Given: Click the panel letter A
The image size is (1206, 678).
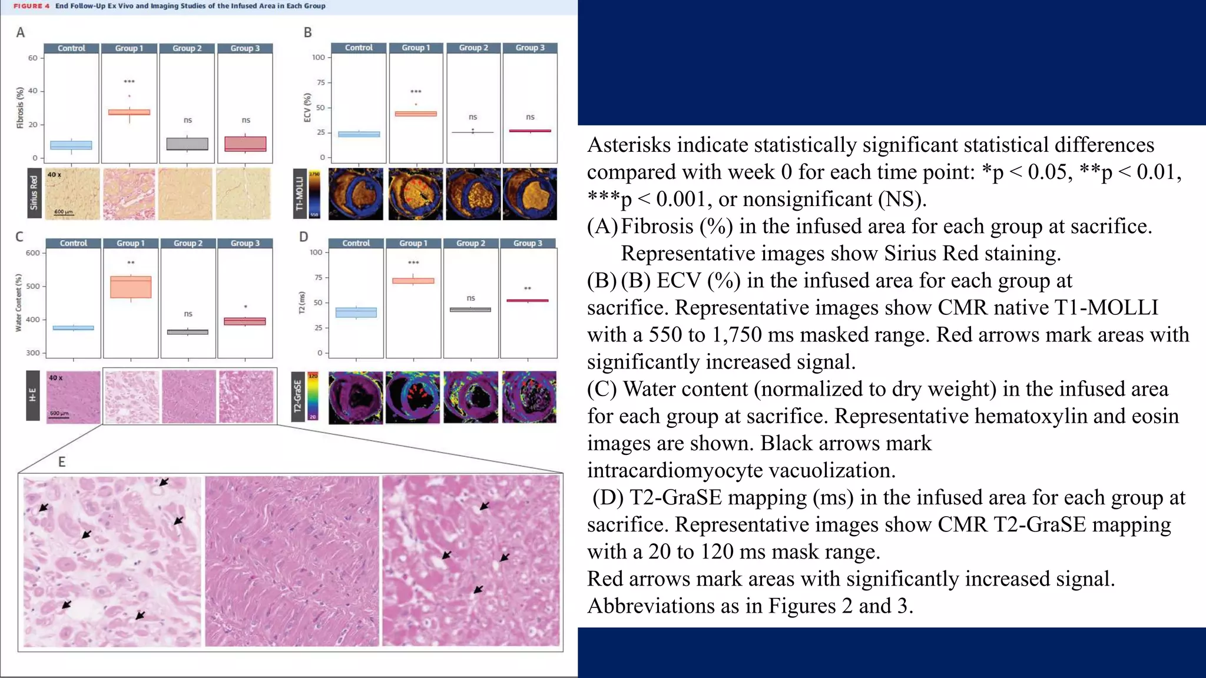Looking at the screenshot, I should coord(21,33).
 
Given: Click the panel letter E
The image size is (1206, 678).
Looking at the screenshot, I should coord(62,462).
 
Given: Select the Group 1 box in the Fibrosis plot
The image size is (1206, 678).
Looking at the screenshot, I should coord(129,112).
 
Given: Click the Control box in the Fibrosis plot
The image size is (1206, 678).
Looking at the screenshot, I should coord(71,145).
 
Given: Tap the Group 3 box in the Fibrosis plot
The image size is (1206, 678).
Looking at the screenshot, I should coord(246,144).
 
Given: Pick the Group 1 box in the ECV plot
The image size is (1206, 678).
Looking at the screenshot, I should coord(416,114).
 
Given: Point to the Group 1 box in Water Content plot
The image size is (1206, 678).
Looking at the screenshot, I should coord(131,287).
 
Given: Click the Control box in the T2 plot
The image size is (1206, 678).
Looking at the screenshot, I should coord(356,313).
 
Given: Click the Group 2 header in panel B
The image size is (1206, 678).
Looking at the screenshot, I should coord(473,48).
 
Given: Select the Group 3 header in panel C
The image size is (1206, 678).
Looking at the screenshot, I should coord(245,243).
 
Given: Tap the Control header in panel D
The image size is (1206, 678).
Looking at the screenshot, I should coord(356,243).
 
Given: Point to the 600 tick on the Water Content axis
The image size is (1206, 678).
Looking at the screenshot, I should coord(33,253).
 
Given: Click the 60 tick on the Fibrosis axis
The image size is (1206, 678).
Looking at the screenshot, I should coord(33,58).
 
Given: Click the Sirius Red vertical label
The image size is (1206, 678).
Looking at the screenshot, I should coord(34,193).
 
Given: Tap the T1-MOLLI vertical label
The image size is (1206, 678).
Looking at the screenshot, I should coord(299,194).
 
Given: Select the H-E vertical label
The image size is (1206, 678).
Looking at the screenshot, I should coord(33,395).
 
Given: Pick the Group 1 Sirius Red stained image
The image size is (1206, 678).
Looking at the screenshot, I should coord(129,194).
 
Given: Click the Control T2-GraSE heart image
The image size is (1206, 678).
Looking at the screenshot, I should coord(356,397).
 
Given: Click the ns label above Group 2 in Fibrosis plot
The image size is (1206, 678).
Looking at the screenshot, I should coord(188,120).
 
